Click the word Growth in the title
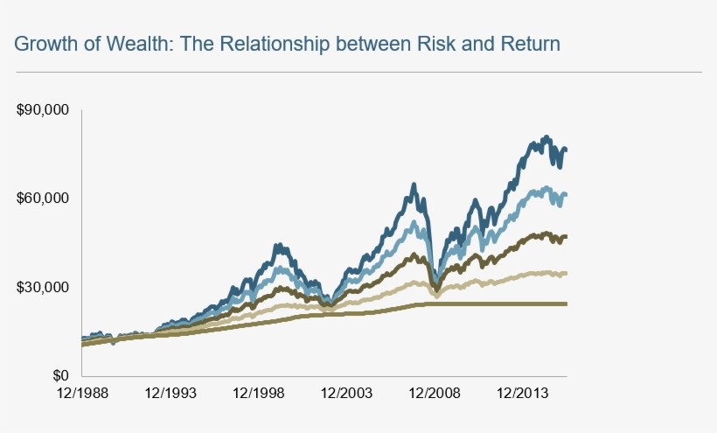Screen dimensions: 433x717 (x=40, y=43)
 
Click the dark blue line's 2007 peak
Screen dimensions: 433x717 (x=414, y=185)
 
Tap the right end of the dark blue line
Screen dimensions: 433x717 (x=566, y=150)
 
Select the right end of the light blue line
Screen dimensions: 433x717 (x=566, y=194)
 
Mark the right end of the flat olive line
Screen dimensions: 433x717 (x=566, y=304)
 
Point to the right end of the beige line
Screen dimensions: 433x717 (x=566, y=274)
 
